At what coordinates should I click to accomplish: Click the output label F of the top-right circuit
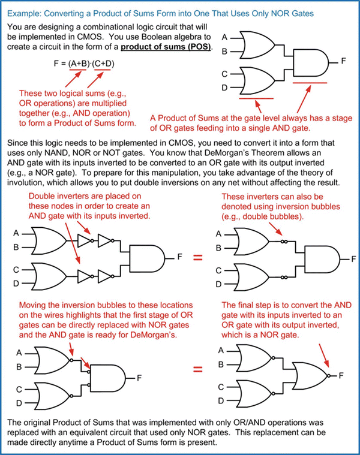coord(344,61)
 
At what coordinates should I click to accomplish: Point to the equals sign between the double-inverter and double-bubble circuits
coord(197,258)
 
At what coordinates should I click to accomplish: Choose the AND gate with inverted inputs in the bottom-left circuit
coord(109,378)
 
